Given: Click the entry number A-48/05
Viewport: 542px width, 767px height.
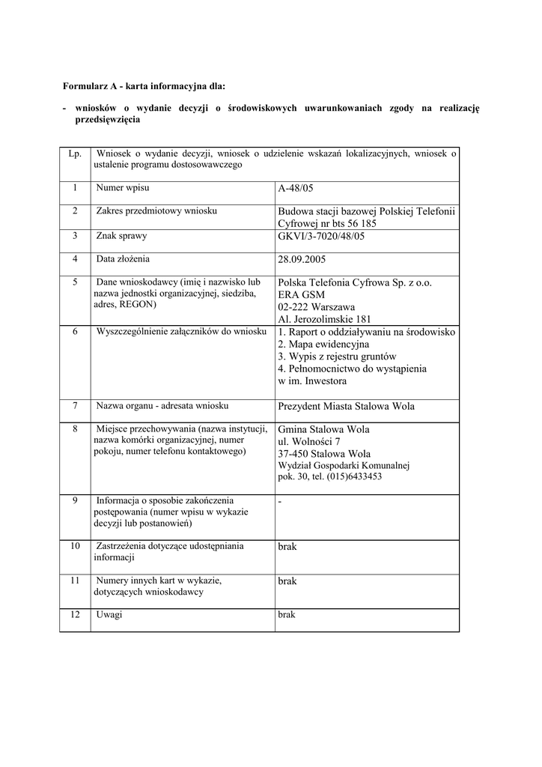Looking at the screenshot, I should pyautogui.click(x=296, y=189).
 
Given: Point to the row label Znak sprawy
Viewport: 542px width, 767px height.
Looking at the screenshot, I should pyautogui.click(x=121, y=236).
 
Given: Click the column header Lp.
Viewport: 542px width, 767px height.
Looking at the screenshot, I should pyautogui.click(x=75, y=154).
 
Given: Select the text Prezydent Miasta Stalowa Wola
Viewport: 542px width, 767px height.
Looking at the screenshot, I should pyautogui.click(x=346, y=406).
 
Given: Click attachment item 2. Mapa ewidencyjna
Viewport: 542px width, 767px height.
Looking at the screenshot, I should pyautogui.click(x=323, y=345).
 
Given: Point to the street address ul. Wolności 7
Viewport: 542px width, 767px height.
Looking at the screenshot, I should pyautogui.click(x=309, y=441).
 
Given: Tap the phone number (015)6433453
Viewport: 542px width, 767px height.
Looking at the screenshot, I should pyautogui.click(x=354, y=476).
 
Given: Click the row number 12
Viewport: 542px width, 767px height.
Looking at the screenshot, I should pyautogui.click(x=75, y=614).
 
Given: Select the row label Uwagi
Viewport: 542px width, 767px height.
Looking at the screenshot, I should pyautogui.click(x=109, y=614).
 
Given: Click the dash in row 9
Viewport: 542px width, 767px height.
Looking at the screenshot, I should pyautogui.click(x=279, y=500).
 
